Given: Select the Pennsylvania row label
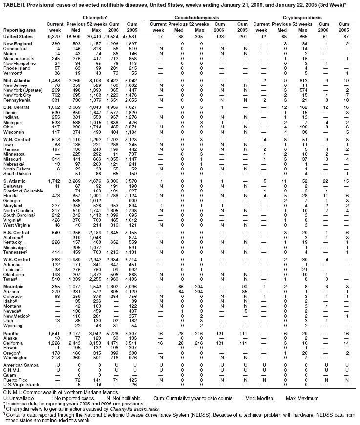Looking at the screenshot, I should (x=16, y=99).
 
